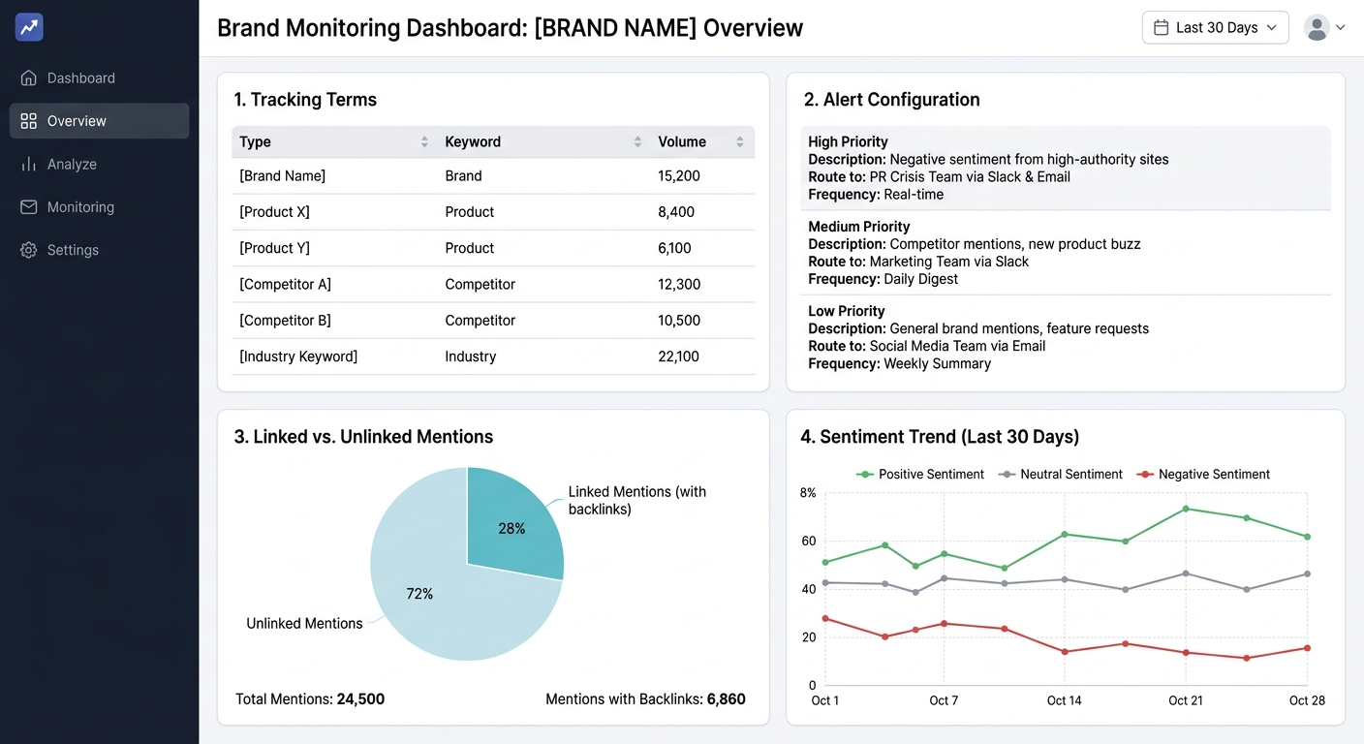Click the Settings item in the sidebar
(73, 250)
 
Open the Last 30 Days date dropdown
(1215, 28)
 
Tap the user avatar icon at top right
(1317, 28)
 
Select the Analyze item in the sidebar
(72, 164)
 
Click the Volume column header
(682, 141)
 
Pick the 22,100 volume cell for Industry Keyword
(678, 356)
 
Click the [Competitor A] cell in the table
(285, 284)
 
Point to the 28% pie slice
(511, 528)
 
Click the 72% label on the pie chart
(419, 594)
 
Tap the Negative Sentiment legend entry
(1213, 475)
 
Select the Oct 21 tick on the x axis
(1185, 700)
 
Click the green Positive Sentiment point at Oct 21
(1186, 509)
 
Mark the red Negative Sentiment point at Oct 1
(825, 618)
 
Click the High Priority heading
(848, 141)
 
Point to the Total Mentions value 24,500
(360, 699)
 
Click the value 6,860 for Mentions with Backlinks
(726, 699)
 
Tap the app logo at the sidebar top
(29, 27)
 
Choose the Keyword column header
(473, 141)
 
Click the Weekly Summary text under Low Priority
(937, 363)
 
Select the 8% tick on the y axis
(808, 493)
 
